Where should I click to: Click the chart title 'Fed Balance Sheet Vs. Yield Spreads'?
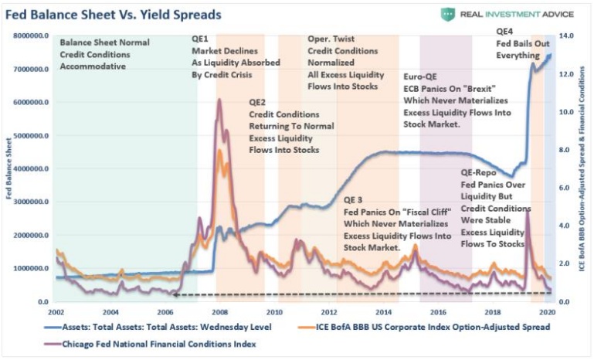[x=114, y=15]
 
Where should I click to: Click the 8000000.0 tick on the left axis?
[x=29, y=36]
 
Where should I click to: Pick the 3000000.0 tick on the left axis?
[x=29, y=202]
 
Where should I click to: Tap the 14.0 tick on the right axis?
[x=565, y=36]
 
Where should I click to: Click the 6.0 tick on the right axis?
[x=564, y=188]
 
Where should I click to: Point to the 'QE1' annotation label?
[x=200, y=39]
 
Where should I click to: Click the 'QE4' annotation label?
[x=504, y=32]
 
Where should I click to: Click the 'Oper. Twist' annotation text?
[x=330, y=39]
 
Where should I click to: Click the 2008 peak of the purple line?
[x=219, y=100]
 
